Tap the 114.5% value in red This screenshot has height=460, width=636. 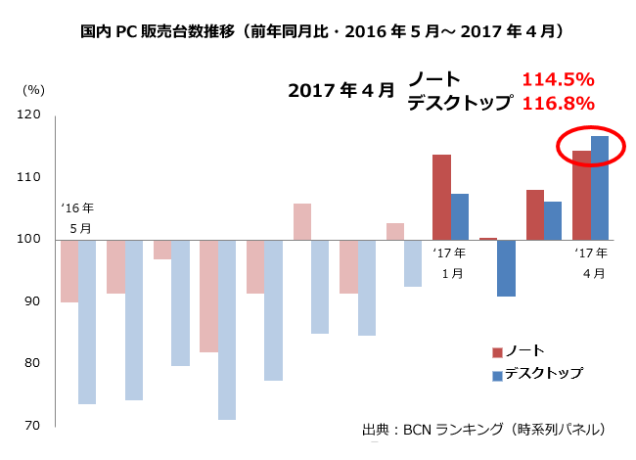coord(559,79)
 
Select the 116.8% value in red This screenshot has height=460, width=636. coord(559,103)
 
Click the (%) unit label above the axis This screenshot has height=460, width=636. coord(33,90)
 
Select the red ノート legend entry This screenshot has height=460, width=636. coord(518,350)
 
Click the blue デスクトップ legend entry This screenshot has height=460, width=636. coord(537,373)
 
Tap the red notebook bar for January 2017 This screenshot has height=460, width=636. coord(442,197)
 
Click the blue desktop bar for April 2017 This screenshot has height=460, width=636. coord(600,187)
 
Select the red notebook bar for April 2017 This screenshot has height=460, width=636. coord(581,195)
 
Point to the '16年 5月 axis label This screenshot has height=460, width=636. coord(77,217)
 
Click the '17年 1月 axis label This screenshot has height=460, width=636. coord(451,262)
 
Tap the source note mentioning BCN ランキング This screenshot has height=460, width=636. coord(483,430)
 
